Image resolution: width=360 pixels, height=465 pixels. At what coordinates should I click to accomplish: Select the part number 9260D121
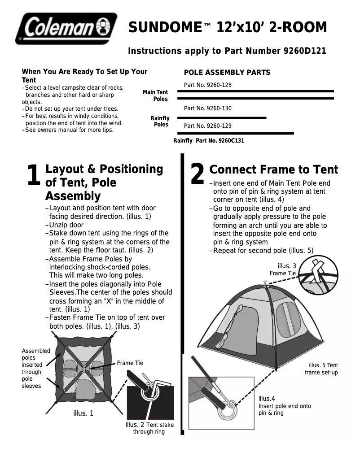point(303,51)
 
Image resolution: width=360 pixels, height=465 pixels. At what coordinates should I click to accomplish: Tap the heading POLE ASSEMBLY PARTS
point(227,72)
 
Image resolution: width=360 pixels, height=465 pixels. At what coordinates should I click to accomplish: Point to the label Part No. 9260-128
point(208,85)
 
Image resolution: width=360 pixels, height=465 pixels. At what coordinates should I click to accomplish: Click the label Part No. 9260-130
point(208,109)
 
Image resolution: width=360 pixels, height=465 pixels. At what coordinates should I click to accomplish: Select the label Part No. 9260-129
point(208,126)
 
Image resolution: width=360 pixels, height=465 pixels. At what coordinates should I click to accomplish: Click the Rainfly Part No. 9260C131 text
point(209,140)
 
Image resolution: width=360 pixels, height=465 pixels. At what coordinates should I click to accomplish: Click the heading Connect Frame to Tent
point(273,169)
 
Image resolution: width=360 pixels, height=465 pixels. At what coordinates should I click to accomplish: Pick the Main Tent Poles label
point(155,96)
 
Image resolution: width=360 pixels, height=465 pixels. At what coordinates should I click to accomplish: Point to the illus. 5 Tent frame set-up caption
point(321,369)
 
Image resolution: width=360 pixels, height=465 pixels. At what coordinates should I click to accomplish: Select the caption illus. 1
point(83,413)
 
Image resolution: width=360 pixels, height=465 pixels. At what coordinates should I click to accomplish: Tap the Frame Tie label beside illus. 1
point(130,363)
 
